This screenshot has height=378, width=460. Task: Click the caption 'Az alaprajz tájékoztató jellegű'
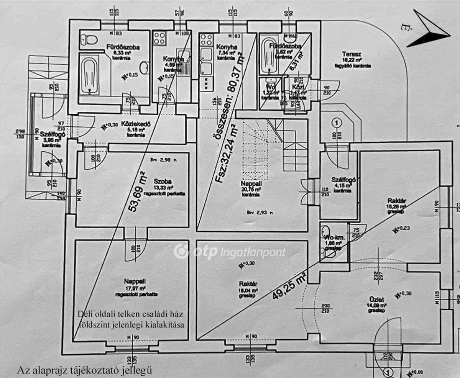pyautogui.click(x=84, y=370)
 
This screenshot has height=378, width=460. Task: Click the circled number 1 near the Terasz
pyautogui.click(x=336, y=123)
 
